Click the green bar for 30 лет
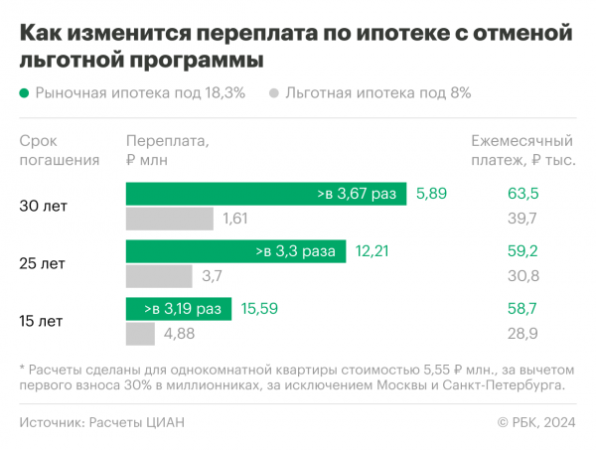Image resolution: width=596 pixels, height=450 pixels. tap(266, 194)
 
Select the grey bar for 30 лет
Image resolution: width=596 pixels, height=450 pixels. tap(169, 219)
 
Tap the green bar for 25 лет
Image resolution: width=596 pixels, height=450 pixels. tap(235, 251)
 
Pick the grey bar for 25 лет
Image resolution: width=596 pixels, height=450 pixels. tap(159, 276)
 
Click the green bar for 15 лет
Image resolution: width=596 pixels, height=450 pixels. tap(178, 309)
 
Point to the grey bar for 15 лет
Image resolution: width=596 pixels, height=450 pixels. tap(140, 334)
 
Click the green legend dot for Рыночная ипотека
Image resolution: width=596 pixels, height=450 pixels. tap(24, 93)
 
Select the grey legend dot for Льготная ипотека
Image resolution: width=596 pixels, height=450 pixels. tap(273, 93)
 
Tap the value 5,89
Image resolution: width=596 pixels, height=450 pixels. tap(432, 194)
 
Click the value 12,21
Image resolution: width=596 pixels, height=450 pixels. tap(372, 251)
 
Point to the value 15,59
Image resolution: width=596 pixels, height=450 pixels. tap(258, 309)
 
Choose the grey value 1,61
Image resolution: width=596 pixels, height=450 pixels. tap(235, 219)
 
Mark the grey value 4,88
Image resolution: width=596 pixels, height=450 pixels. tap(180, 334)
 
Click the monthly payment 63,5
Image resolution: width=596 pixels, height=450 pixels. tap(521, 194)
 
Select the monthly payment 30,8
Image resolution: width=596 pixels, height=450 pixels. tap(521, 276)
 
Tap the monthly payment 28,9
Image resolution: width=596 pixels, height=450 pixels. tap(521, 334)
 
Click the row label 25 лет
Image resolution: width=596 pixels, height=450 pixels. tap(42, 264)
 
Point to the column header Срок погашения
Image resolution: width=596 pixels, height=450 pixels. tap(60, 150)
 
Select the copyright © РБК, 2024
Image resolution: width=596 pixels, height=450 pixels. tap(536, 422)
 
